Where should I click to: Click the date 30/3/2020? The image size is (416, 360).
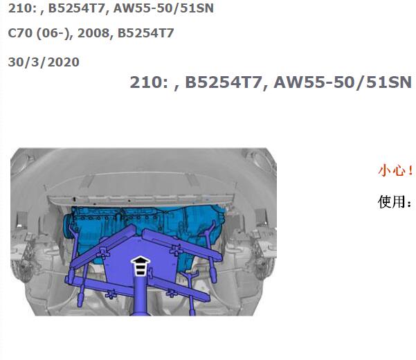[x=44, y=62]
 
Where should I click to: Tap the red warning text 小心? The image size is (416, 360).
[x=395, y=170]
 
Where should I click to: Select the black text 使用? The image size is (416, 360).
[x=395, y=201]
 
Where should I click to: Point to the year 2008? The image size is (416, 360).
[x=93, y=33]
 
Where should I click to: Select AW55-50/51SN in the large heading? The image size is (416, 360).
[x=343, y=82]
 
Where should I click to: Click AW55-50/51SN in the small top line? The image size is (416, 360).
[x=163, y=8]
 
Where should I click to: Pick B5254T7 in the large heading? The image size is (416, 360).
[x=224, y=82]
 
